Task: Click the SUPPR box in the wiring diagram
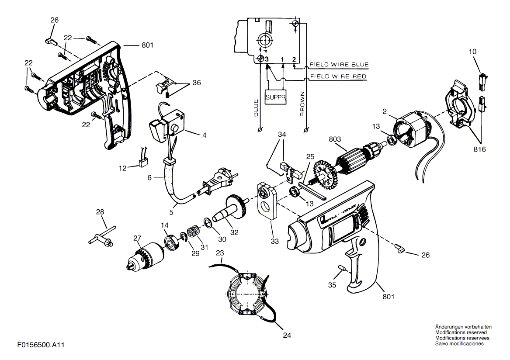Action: (276, 97)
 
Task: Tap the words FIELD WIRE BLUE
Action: (339, 64)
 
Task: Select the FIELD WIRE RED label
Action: (338, 76)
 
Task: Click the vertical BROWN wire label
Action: (302, 104)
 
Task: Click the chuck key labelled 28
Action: (101, 236)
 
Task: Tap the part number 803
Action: (335, 139)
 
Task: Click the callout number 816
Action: (479, 149)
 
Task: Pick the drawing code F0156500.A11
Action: (41, 345)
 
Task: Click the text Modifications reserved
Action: (461, 332)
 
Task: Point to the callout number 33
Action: (275, 241)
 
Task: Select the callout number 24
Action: (287, 335)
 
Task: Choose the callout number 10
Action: (472, 52)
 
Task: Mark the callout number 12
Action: (123, 169)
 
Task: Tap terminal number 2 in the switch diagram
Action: (294, 59)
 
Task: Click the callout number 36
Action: (197, 83)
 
